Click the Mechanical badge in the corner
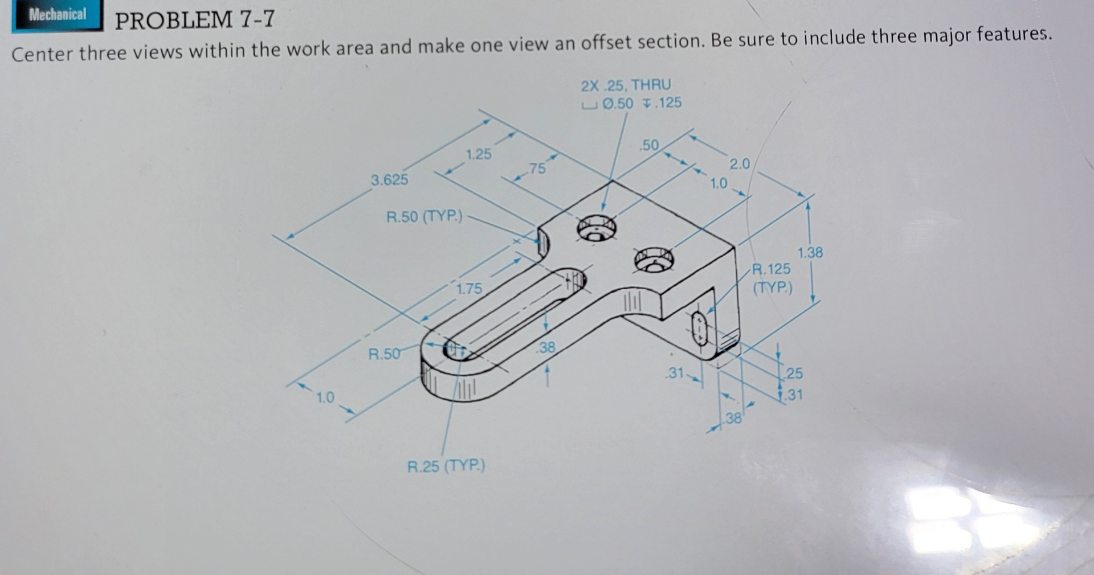pyautogui.click(x=57, y=15)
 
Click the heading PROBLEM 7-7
pyautogui.click(x=194, y=20)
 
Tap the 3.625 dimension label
pyautogui.click(x=390, y=180)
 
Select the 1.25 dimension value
pyautogui.click(x=478, y=154)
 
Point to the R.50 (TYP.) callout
pyautogui.click(x=424, y=217)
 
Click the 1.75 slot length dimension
pyautogui.click(x=469, y=289)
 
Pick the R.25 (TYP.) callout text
pyautogui.click(x=446, y=466)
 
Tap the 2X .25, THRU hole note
pyautogui.click(x=626, y=85)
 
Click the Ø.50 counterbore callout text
pyautogui.click(x=618, y=104)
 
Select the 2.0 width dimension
pyautogui.click(x=740, y=164)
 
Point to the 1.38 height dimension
pyautogui.click(x=810, y=252)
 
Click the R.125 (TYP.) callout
pyautogui.click(x=772, y=277)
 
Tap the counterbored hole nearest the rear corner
pyautogui.click(x=596, y=229)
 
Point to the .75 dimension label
pyautogui.click(x=537, y=169)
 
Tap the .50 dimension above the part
pyautogui.click(x=649, y=145)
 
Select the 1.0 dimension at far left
pyautogui.click(x=325, y=397)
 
